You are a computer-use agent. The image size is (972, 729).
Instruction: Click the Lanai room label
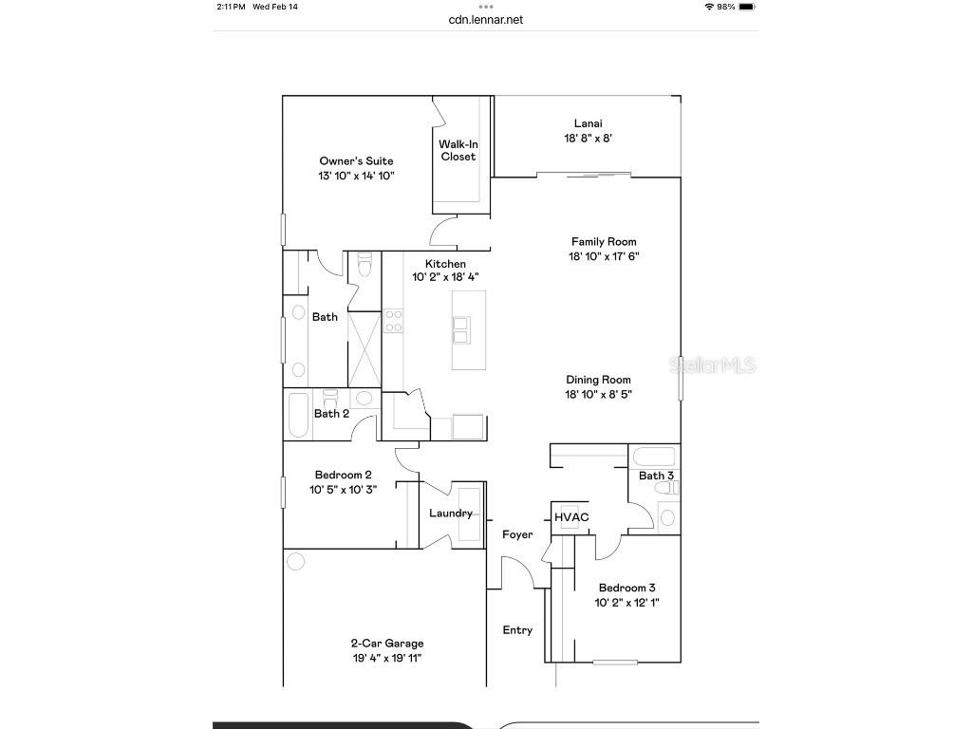(x=588, y=123)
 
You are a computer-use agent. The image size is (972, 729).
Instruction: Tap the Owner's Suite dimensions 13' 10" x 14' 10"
(x=356, y=176)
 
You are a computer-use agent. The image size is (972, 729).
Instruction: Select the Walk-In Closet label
(x=458, y=150)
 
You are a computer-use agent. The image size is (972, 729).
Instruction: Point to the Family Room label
(x=603, y=242)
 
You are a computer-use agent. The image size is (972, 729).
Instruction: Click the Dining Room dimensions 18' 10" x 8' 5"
(x=598, y=394)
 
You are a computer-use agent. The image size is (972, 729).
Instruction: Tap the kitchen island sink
(x=461, y=329)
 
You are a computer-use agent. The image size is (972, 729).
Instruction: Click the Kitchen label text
(x=445, y=264)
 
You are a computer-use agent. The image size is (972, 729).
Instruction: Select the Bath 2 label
(x=331, y=414)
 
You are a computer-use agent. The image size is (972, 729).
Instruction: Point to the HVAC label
(x=571, y=517)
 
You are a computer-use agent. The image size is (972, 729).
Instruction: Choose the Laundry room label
(x=451, y=514)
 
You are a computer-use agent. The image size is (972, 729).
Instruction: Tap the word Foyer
(x=517, y=535)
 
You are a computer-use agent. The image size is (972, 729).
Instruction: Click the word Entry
(x=517, y=630)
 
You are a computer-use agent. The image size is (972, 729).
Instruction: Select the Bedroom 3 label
(x=626, y=589)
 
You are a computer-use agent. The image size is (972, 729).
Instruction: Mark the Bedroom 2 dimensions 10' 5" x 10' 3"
(x=343, y=490)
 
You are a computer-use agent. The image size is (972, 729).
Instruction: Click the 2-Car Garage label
(x=387, y=644)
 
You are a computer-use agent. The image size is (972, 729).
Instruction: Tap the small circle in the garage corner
(x=296, y=561)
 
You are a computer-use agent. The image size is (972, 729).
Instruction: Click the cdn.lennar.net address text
(x=485, y=19)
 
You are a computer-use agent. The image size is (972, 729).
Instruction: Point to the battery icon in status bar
(x=747, y=7)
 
